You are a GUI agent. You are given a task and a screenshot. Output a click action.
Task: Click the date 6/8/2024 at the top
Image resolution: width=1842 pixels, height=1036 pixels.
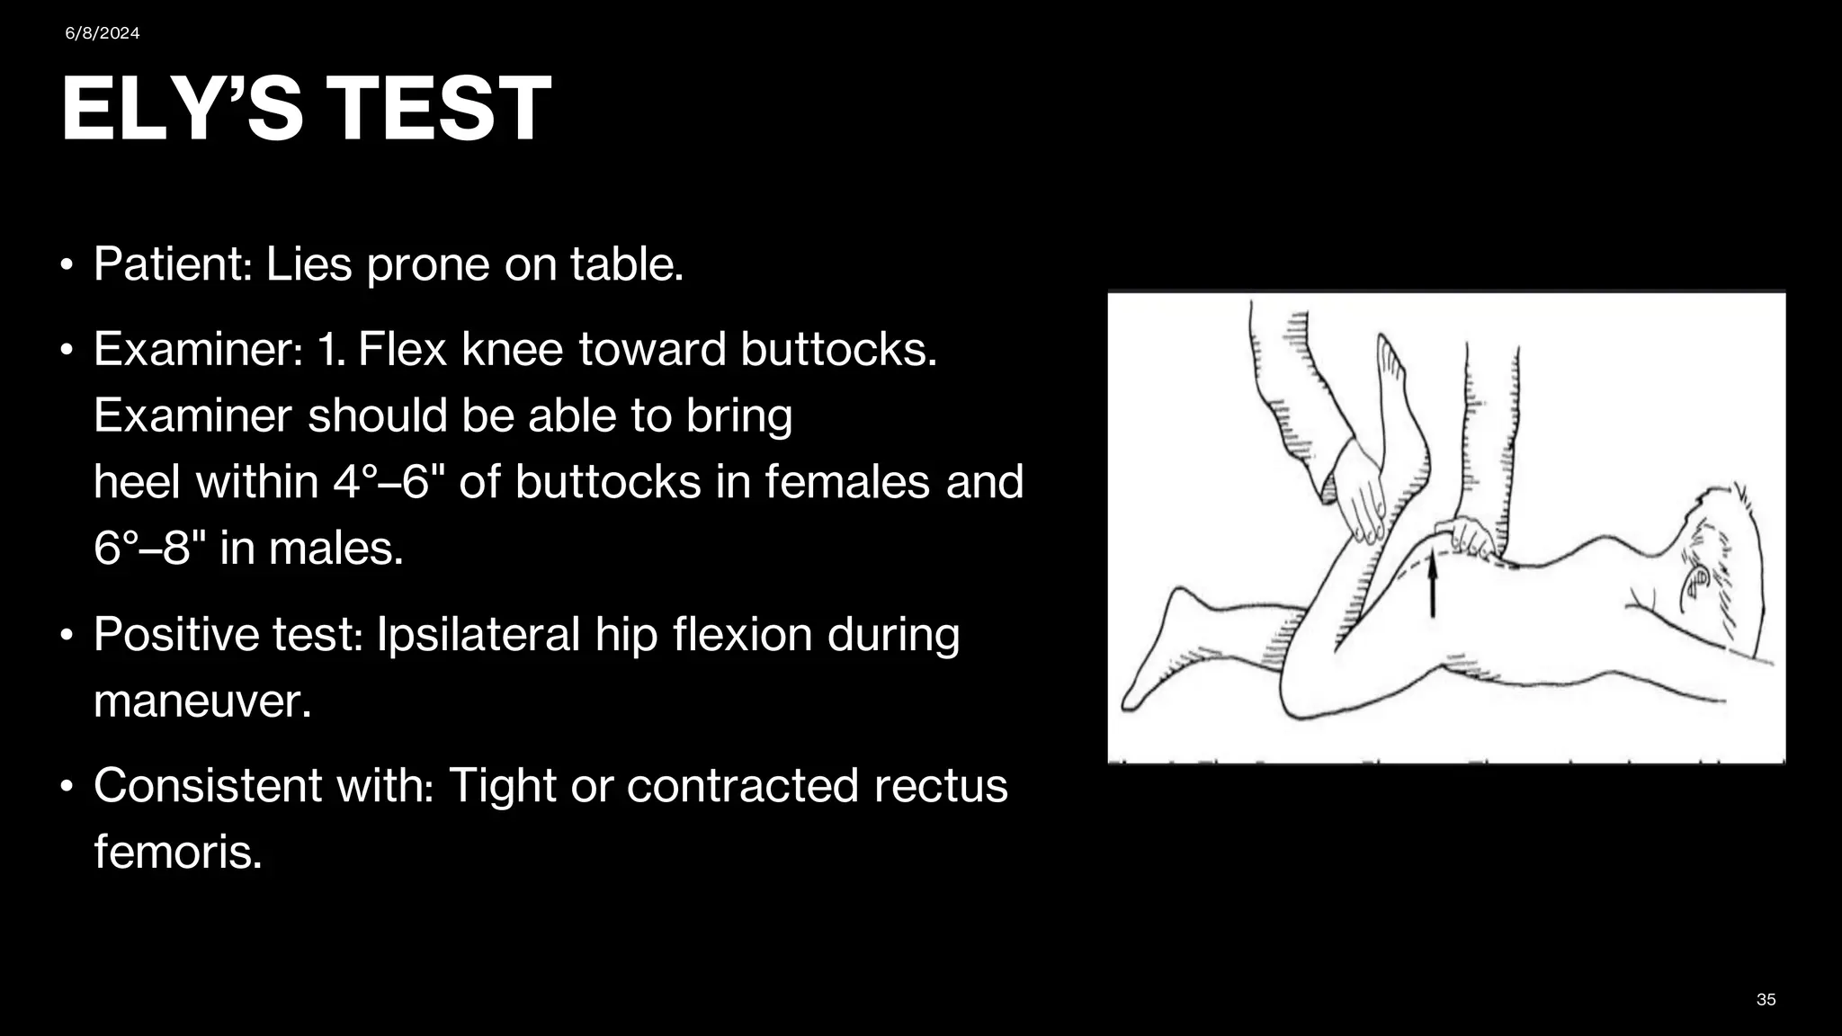(103, 33)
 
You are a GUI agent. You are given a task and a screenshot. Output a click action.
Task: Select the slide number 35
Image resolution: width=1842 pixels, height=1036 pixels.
(1766, 1000)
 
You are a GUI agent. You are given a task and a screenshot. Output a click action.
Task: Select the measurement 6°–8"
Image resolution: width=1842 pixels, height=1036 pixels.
(149, 548)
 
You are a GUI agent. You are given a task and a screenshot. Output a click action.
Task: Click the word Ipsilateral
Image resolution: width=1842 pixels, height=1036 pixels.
(478, 634)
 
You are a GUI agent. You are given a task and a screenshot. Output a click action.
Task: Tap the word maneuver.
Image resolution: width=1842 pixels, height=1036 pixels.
(202, 701)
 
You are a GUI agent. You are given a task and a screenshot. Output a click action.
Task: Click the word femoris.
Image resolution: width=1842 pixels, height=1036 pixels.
(178, 851)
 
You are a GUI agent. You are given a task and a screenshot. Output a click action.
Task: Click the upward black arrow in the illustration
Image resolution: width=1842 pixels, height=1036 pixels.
(1433, 585)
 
